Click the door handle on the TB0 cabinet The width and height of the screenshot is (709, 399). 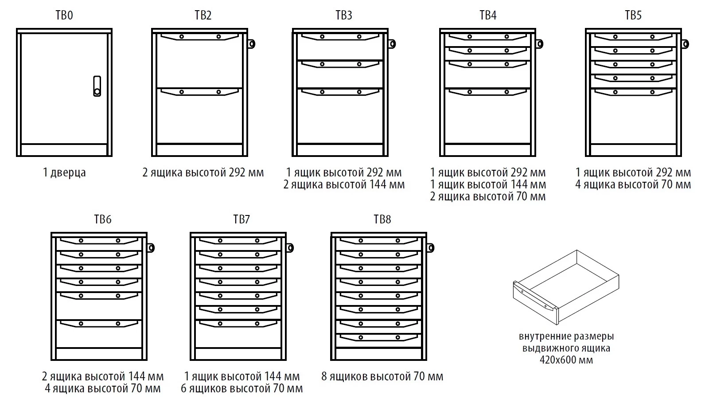(x=97, y=86)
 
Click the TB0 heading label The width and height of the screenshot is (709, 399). (x=64, y=16)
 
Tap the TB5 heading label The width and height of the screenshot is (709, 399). (x=633, y=16)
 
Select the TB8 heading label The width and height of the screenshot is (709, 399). (x=382, y=219)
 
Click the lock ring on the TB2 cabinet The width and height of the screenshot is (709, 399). (x=251, y=43)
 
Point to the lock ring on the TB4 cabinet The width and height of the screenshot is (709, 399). (x=539, y=43)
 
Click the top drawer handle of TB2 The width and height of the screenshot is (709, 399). (x=200, y=37)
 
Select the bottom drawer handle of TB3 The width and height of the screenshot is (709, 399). (x=340, y=92)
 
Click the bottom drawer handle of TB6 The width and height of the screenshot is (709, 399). (x=99, y=324)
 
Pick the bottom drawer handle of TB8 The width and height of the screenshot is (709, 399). (x=379, y=337)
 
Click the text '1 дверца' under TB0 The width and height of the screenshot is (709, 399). (x=64, y=172)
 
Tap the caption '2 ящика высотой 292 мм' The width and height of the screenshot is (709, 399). (x=203, y=172)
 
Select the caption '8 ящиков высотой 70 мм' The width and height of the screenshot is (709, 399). (x=382, y=377)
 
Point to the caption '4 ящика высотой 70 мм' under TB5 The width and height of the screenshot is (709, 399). (x=633, y=184)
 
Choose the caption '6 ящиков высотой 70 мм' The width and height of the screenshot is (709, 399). (x=242, y=389)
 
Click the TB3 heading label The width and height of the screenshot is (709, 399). (x=343, y=16)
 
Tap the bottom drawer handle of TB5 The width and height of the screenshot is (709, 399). (x=634, y=92)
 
